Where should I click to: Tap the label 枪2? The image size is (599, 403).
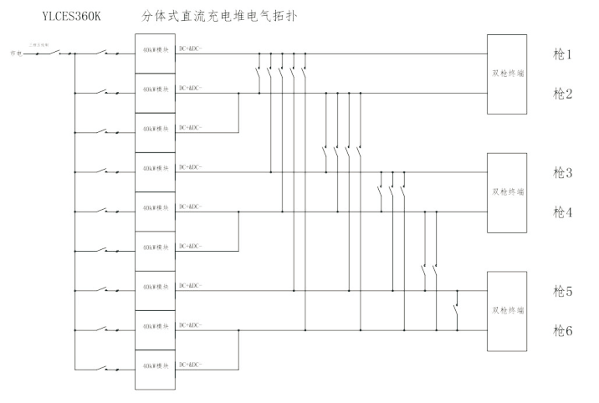tap(562, 93)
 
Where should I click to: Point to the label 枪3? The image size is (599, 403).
tap(562, 173)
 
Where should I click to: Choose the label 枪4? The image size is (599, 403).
tap(562, 212)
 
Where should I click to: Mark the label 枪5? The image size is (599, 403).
tap(562, 292)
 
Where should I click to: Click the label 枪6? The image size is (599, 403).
tap(562, 331)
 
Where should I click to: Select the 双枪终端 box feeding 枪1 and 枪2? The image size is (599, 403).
tap(508, 74)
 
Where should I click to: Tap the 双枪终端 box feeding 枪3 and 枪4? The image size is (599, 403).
tap(508, 192)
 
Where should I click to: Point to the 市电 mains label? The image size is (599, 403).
tap(14, 54)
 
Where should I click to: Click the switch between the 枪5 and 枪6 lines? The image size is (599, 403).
tap(456, 310)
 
